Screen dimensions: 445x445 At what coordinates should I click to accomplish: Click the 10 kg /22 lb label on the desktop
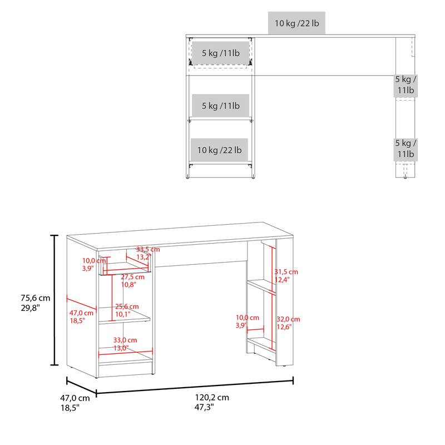tap(296, 23)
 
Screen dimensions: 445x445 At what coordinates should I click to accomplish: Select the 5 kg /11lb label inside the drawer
tap(220, 53)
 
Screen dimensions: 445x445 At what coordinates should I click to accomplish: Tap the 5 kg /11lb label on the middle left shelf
tap(220, 105)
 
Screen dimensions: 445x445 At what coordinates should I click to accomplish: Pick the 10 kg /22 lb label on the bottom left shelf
tap(219, 150)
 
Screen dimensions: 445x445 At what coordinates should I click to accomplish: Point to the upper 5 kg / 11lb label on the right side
tap(406, 85)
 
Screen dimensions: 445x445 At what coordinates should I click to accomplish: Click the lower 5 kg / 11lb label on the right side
tap(406, 148)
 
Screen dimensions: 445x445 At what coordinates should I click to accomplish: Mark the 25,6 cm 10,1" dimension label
tap(126, 310)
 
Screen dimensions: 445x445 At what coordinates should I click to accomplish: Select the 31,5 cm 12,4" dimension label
tap(286, 276)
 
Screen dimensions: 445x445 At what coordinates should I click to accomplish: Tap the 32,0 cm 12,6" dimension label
tap(288, 323)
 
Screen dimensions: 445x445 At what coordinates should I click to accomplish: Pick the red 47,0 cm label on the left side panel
tap(81, 317)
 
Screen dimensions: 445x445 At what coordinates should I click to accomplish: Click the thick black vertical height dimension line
tap(55, 300)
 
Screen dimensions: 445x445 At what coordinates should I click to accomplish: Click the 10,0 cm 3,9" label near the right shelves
tap(247, 321)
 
